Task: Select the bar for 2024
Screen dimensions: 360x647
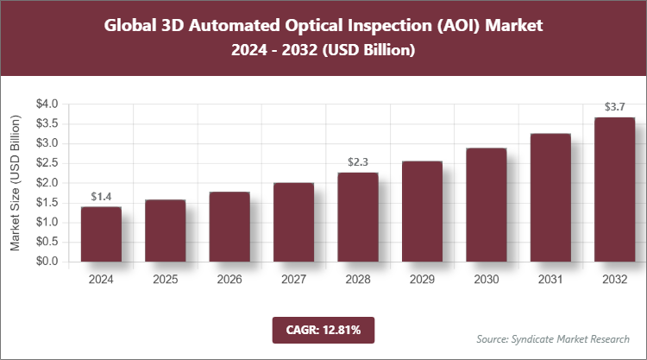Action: (101, 234)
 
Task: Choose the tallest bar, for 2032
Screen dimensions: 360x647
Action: (614, 189)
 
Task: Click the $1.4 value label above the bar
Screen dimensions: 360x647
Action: (101, 197)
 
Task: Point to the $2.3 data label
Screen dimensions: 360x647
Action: (357, 162)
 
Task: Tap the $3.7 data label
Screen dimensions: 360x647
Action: (614, 107)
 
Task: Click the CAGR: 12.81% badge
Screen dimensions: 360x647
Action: (323, 330)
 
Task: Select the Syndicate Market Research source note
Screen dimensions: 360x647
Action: (553, 338)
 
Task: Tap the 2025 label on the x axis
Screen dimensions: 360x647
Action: (165, 280)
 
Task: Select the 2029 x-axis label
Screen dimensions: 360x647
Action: (422, 280)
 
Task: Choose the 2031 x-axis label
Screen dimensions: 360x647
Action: (550, 280)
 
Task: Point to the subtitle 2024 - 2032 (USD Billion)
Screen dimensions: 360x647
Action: (323, 51)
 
